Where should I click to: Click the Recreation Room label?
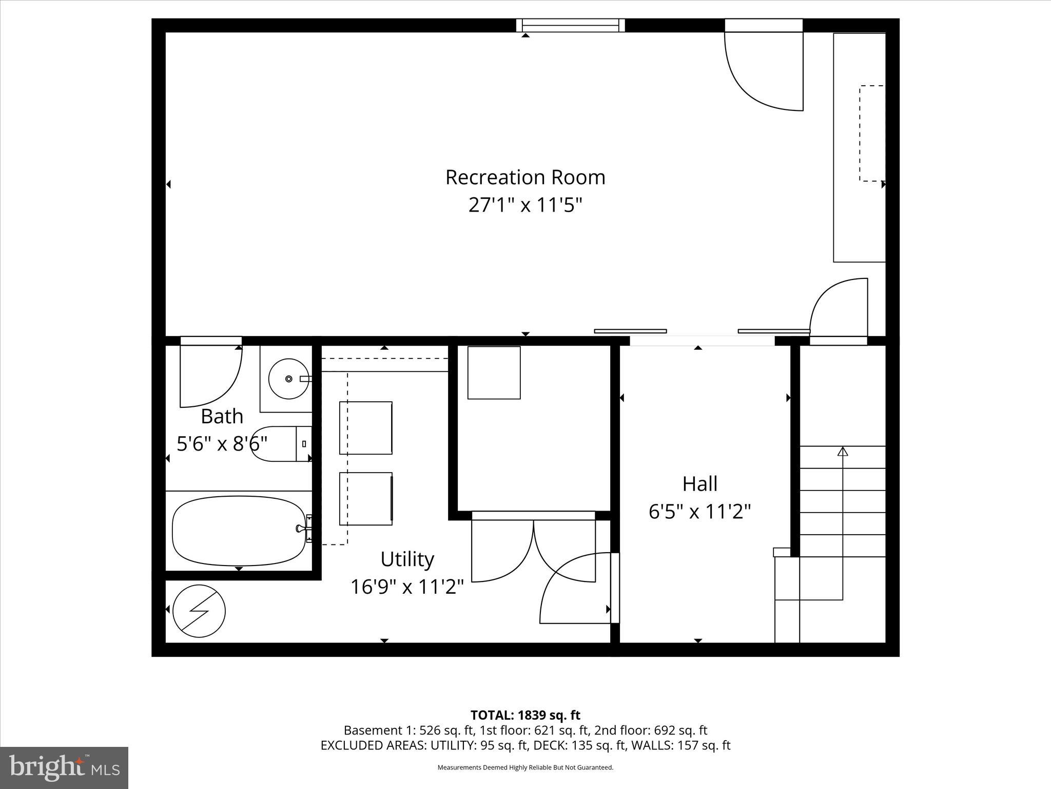pos(525,177)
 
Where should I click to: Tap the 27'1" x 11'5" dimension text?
pos(525,205)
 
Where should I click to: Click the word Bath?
pos(222,416)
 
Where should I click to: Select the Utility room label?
pos(407,559)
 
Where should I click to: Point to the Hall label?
pos(699,483)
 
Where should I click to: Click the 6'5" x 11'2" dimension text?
pos(699,512)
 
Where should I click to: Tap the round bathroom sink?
pos(289,379)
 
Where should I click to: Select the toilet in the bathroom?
pos(280,443)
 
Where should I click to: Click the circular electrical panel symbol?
pos(199,611)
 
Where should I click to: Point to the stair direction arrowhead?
pos(843,452)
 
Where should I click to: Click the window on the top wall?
pos(570,25)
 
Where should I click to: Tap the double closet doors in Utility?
pos(533,550)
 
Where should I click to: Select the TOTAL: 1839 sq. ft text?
pos(525,715)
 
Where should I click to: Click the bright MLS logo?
pos(64,767)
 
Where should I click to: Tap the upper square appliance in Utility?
pos(365,428)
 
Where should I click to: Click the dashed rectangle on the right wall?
pos(872,133)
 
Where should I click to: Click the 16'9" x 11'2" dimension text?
pos(407,587)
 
